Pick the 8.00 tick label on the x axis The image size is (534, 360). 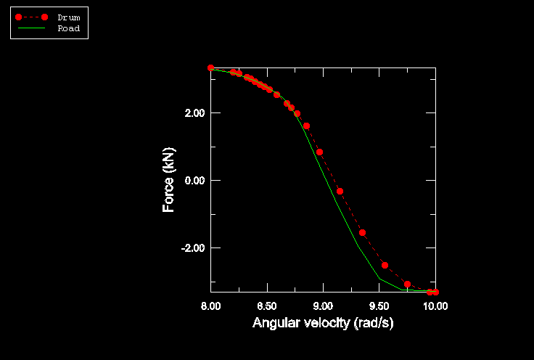pyautogui.click(x=210, y=306)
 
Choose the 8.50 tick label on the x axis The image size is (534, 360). pyautogui.click(x=267, y=306)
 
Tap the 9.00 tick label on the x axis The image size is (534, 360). pyautogui.click(x=323, y=306)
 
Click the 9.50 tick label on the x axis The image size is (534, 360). pyautogui.click(x=379, y=306)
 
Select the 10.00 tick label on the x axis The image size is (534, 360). pyautogui.click(x=435, y=306)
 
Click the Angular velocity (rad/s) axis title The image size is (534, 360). pyautogui.click(x=323, y=323)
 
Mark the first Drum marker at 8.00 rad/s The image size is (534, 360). pyautogui.click(x=210, y=67)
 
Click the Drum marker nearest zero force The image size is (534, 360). pyautogui.click(x=340, y=191)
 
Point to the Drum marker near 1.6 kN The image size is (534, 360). pyautogui.click(x=306, y=126)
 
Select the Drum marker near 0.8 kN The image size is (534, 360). pyautogui.click(x=319, y=152)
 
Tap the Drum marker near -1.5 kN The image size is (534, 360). pyautogui.click(x=362, y=232)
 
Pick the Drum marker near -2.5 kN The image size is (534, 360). pyautogui.click(x=385, y=265)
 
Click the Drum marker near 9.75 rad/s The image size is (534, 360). pyautogui.click(x=407, y=284)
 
